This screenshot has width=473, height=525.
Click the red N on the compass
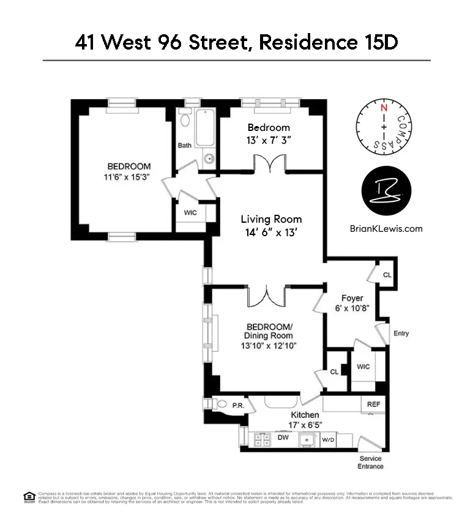384,108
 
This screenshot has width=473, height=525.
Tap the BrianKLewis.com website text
385,229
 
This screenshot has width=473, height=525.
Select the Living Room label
271,219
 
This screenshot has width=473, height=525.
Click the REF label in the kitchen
373,404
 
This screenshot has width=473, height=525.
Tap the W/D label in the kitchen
329,439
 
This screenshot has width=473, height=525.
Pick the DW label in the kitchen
283,437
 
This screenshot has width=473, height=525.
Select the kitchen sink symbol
305,439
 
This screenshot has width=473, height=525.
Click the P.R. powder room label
237,404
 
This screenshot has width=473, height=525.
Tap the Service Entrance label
371,463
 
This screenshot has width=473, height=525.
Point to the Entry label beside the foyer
401,333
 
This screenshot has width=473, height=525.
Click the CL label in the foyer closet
387,275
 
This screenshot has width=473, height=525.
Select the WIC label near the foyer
363,367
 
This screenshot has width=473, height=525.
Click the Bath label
185,146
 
